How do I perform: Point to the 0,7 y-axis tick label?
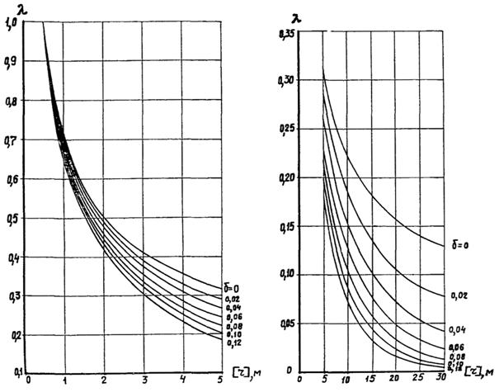pos(12,141)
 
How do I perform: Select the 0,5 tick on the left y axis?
pos(12,219)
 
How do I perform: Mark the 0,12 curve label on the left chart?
pos(233,341)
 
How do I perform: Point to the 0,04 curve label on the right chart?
pos(459,331)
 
